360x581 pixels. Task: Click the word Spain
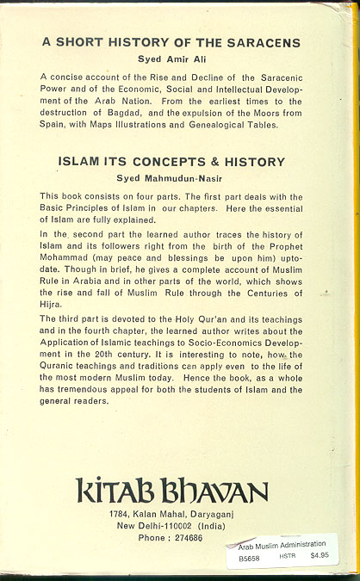tap(54, 124)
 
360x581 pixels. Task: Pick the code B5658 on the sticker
tap(251, 557)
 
